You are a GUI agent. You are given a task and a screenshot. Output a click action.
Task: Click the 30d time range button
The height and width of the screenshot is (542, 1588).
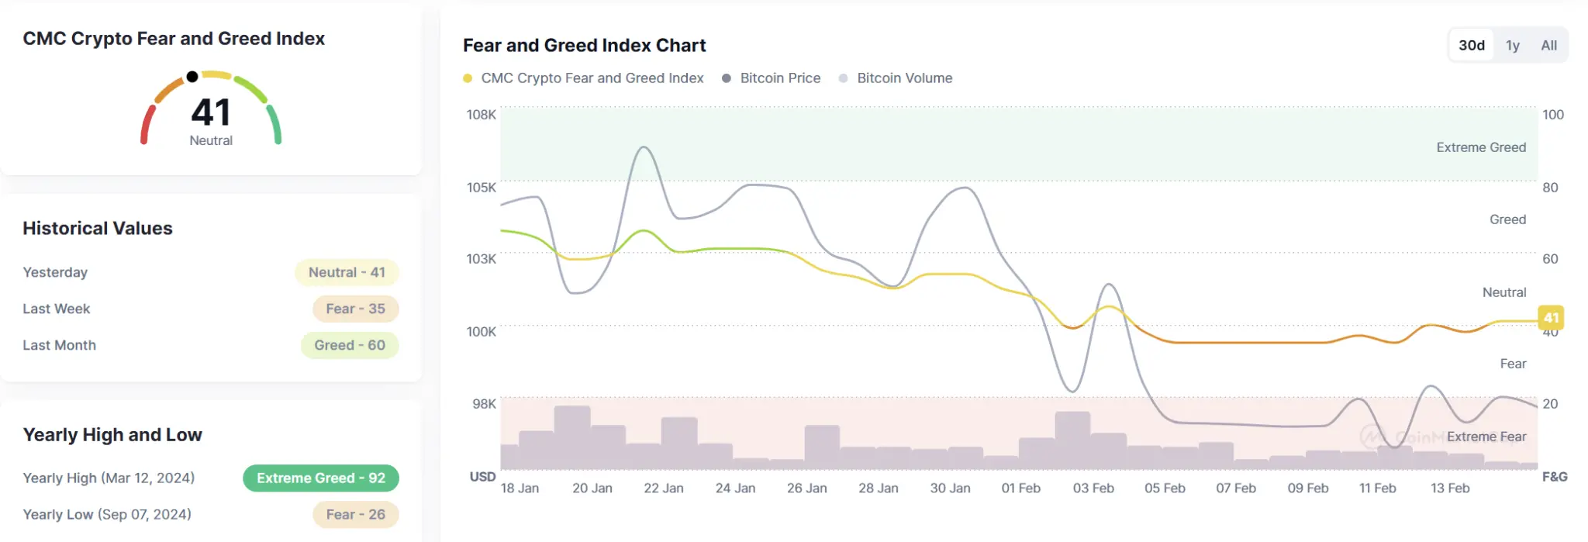(x=1471, y=45)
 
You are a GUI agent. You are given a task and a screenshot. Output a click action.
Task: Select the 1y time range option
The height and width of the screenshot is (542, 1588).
(x=1512, y=45)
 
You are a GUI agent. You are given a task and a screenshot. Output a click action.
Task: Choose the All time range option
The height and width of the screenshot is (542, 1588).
(x=1548, y=45)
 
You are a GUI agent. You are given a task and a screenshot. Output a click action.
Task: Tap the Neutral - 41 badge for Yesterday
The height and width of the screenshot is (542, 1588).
(x=347, y=272)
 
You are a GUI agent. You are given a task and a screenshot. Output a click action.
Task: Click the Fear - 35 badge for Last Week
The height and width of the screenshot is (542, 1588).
(x=355, y=309)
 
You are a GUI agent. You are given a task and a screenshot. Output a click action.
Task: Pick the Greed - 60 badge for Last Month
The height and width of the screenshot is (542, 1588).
(x=350, y=345)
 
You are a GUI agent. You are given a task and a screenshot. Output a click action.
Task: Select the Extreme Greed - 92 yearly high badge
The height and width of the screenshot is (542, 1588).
(x=321, y=478)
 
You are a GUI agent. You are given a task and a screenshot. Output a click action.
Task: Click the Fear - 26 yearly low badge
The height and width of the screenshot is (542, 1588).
(x=355, y=514)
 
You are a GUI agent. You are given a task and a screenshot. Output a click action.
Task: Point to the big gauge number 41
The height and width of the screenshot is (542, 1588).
(x=211, y=112)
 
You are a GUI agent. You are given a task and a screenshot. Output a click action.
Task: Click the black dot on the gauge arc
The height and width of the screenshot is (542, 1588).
(x=192, y=76)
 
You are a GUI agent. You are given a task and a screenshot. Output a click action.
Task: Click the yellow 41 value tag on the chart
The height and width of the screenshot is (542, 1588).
(x=1551, y=317)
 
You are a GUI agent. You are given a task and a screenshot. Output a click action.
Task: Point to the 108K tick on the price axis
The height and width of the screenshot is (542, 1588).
(x=481, y=115)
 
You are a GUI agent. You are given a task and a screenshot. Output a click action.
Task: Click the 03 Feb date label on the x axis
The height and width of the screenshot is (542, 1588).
(x=1093, y=488)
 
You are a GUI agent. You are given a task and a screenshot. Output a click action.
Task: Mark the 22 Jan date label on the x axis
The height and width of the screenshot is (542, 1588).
(x=664, y=488)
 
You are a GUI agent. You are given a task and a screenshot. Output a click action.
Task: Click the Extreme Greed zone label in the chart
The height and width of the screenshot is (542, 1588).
(x=1481, y=147)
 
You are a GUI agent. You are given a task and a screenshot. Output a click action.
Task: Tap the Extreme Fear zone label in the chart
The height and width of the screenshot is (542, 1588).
(x=1486, y=437)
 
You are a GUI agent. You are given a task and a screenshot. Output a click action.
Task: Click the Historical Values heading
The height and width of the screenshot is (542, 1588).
(x=98, y=228)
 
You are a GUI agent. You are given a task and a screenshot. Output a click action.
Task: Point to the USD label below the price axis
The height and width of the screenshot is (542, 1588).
(x=482, y=476)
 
